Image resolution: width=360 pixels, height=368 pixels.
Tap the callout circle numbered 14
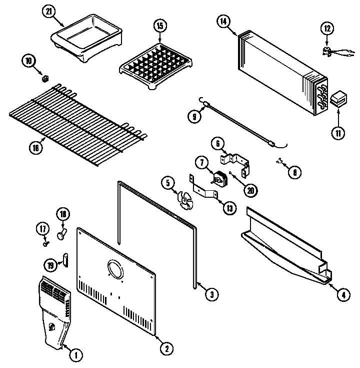click(223, 21)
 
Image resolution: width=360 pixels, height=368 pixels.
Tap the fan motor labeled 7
click(219, 179)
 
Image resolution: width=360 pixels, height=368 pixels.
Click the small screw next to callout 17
click(46, 244)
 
